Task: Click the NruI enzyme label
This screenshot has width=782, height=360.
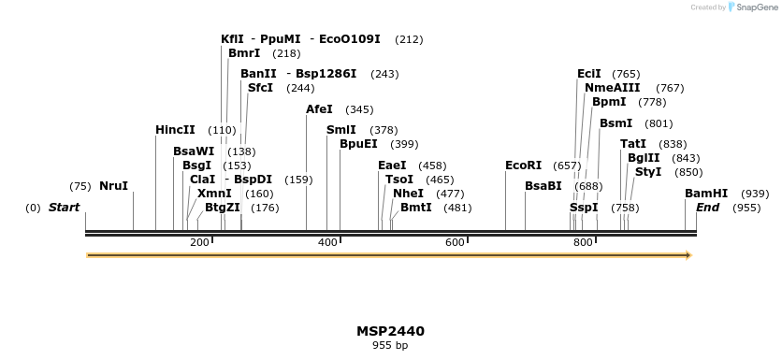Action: click(x=113, y=186)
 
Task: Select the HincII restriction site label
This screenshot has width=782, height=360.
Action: click(x=175, y=130)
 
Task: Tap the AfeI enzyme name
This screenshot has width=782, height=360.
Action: click(x=319, y=109)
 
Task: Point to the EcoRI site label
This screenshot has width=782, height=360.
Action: click(x=523, y=166)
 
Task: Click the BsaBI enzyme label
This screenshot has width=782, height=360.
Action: click(x=543, y=186)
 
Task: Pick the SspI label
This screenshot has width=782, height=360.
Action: click(x=583, y=208)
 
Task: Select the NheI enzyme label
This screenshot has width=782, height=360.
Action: click(x=409, y=194)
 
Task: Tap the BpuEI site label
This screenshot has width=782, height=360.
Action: click(x=358, y=144)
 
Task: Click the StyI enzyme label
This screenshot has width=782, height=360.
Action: click(x=648, y=172)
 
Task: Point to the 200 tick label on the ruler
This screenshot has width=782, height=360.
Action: click(x=199, y=243)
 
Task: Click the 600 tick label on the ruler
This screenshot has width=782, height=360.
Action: click(x=455, y=243)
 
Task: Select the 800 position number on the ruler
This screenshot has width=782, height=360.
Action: click(x=583, y=243)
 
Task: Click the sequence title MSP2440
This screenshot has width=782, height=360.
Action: click(x=390, y=331)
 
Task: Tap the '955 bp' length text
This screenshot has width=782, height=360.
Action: click(x=390, y=345)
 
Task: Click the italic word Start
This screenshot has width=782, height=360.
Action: click(x=64, y=208)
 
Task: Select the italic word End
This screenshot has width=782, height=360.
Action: click(x=707, y=208)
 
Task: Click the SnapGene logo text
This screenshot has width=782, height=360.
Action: click(x=754, y=7)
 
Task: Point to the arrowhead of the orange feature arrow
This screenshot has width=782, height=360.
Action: click(x=688, y=254)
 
